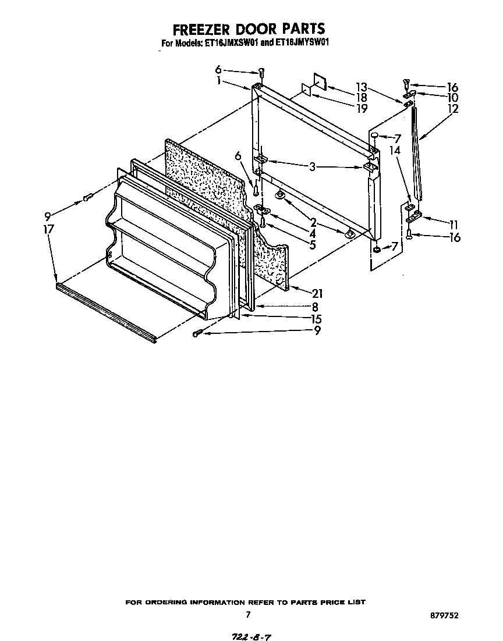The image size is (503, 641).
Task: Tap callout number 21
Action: (x=317, y=293)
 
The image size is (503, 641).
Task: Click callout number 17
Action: (x=48, y=230)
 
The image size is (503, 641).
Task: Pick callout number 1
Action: (x=218, y=81)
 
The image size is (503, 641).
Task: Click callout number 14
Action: (x=395, y=150)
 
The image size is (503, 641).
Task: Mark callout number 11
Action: (x=453, y=224)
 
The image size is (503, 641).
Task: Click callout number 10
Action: (x=452, y=97)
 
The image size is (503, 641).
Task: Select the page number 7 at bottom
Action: (x=248, y=614)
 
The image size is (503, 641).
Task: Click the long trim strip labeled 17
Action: (x=105, y=311)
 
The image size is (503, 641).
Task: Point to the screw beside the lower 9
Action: (x=199, y=333)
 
